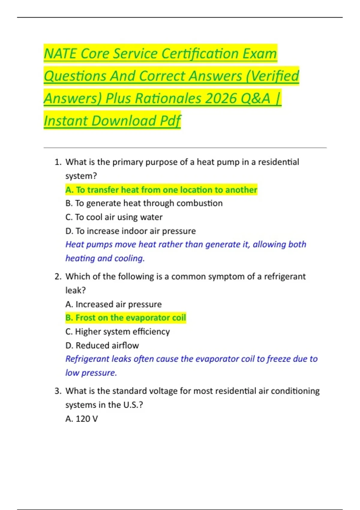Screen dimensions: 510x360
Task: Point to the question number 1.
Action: tap(58, 162)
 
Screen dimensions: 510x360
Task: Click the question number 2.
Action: tap(58, 277)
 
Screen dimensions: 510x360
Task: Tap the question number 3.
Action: tap(58, 391)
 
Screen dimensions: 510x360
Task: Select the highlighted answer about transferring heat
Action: tap(161, 190)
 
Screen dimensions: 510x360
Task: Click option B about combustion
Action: tap(144, 203)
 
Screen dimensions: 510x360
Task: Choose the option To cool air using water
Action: tap(114, 217)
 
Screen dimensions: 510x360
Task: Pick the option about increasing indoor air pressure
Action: tap(130, 231)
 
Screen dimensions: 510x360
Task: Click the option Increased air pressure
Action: tap(113, 304)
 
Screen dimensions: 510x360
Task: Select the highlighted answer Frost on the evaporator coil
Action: tap(126, 318)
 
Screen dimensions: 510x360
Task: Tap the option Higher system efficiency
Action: tap(118, 332)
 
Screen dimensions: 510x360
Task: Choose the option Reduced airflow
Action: tap(102, 346)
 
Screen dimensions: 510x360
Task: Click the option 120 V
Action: tap(82, 419)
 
